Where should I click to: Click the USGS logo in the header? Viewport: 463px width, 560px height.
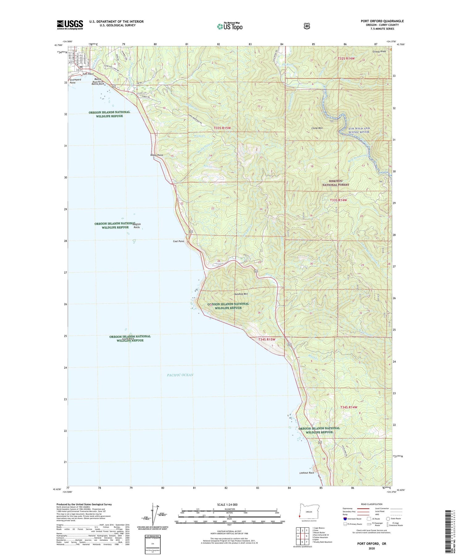point(70,25)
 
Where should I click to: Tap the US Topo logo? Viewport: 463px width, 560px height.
point(230,26)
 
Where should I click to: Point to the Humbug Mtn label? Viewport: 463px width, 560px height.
point(241,294)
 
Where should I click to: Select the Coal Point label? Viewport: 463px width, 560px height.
point(178,241)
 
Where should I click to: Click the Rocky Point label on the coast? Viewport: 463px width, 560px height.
point(156,155)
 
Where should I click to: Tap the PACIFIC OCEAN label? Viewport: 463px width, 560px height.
point(180,375)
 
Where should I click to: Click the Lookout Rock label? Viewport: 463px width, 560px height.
point(307,473)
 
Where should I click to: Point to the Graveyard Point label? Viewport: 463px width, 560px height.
point(75,81)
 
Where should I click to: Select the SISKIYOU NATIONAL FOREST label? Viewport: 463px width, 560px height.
point(336,183)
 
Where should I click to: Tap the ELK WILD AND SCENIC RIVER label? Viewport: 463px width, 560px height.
point(354,130)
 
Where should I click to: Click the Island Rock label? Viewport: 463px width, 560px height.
point(128,339)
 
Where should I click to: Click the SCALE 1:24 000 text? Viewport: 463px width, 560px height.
point(227,505)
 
